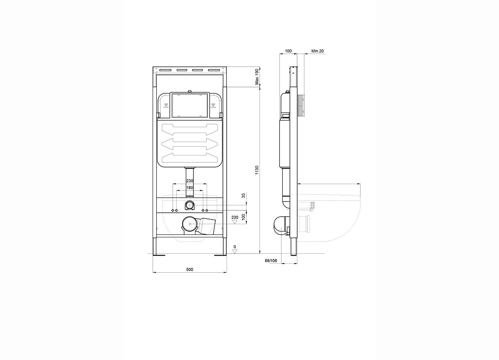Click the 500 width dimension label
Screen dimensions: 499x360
190,270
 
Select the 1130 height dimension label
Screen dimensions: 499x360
257,170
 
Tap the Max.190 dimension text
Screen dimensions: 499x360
257,77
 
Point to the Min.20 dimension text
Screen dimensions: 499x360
317,51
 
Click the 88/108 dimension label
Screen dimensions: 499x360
271,261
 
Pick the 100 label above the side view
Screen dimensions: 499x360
288,51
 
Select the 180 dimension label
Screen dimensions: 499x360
190,187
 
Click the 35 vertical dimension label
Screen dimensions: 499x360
244,195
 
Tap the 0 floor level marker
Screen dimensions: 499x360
235,247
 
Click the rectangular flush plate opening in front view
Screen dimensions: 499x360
190,105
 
